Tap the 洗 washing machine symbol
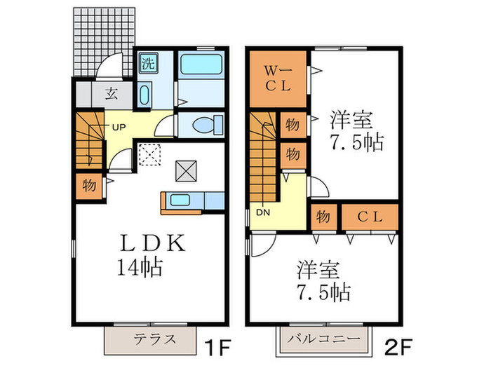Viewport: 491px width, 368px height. tap(147, 62)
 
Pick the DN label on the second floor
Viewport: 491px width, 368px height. tap(263, 212)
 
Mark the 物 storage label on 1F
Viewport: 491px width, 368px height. tap(88, 186)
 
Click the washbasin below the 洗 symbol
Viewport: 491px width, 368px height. tap(145, 94)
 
